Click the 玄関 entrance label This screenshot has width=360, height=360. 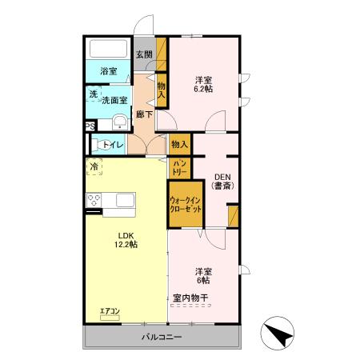pos(143,55)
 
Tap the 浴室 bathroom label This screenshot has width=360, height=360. pos(108,71)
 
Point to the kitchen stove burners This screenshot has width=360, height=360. pos(94,201)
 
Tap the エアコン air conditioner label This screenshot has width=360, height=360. pos(110,310)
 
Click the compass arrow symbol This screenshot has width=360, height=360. pos(278,332)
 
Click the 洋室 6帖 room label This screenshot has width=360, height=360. pos(202,275)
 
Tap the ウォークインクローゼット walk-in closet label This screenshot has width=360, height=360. pos(186,203)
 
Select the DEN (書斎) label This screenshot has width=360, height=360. pos(222,182)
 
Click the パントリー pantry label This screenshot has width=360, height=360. pos(179,167)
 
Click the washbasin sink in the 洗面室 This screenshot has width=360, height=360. pos(118,122)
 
